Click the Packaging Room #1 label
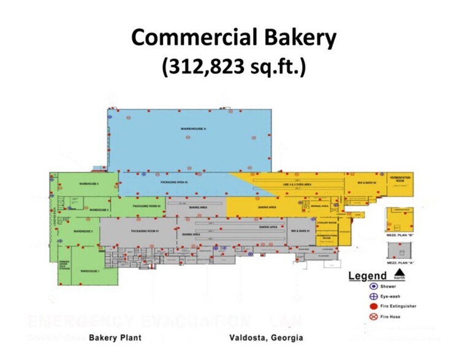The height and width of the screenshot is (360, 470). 145,231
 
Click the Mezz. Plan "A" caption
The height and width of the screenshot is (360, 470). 400,263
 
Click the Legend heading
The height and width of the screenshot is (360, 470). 368,276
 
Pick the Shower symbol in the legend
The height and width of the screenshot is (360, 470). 373,286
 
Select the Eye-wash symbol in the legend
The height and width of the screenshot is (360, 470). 373,296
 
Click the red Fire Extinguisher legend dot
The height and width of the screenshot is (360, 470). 373,306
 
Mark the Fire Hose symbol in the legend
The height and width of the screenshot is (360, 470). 373,317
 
